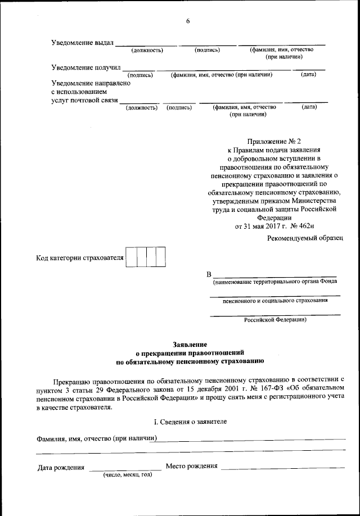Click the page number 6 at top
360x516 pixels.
(188, 21)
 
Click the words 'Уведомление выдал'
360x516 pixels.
(82, 43)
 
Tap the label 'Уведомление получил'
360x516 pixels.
(86, 67)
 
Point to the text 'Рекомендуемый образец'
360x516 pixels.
(304, 239)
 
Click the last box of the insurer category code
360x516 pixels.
(160, 257)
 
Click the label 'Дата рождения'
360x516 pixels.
(61, 467)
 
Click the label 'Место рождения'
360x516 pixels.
(191, 467)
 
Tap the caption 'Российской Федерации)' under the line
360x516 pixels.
(275, 320)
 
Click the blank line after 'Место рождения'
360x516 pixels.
(282, 468)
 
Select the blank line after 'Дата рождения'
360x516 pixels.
(125, 468)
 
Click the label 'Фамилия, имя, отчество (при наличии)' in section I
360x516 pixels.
(97, 438)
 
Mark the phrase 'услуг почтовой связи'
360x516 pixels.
(84, 100)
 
